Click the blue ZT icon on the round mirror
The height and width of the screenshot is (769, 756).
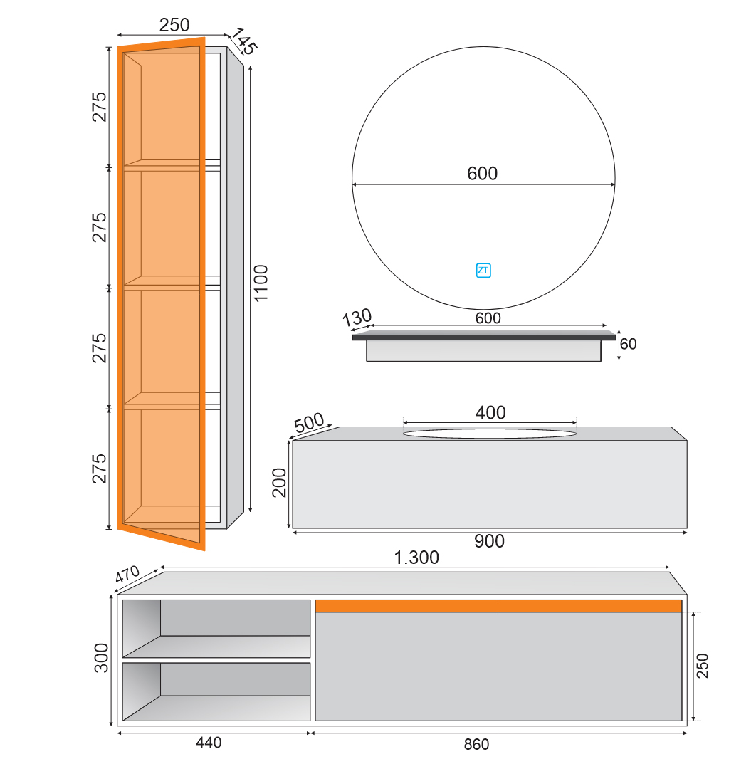[x=483, y=271]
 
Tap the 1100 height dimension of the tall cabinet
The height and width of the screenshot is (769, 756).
[x=261, y=283]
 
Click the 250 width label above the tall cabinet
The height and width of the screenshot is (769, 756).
[x=174, y=25]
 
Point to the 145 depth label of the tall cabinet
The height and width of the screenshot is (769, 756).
[x=243, y=41]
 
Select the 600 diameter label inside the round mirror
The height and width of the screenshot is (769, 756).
[x=482, y=173]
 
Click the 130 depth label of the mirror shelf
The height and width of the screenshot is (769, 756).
[x=357, y=318]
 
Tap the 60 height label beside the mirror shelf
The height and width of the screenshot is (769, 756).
[x=628, y=344]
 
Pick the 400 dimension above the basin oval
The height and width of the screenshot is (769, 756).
[x=490, y=412]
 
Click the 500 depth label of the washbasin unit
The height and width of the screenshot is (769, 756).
[x=309, y=422]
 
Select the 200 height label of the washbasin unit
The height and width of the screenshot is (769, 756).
[x=279, y=483]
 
